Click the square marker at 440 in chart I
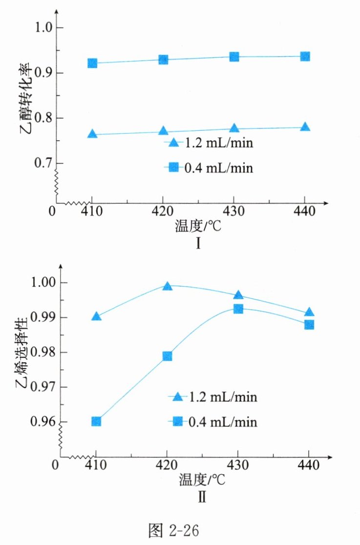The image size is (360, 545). pyautogui.click(x=305, y=57)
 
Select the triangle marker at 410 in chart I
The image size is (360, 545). pyautogui.click(x=92, y=134)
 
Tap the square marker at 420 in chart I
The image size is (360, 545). pyautogui.click(x=163, y=60)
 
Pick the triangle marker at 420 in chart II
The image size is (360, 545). pyautogui.click(x=167, y=286)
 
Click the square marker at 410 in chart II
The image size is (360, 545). pyautogui.click(x=96, y=421)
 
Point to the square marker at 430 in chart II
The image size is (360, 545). pyautogui.click(x=238, y=309)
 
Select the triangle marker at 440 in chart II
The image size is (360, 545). pyautogui.click(x=309, y=313)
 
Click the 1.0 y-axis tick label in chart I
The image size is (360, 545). pyautogui.click(x=41, y=28)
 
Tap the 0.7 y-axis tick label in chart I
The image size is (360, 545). pyautogui.click(x=41, y=163)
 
